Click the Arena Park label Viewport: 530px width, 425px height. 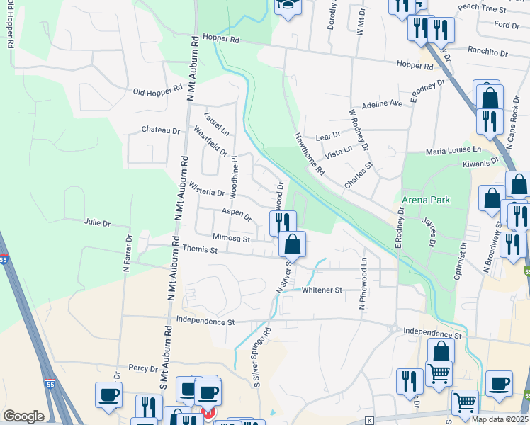coord(425,200)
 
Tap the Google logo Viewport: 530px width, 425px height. coord(23,416)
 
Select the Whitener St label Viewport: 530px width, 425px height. coord(322,290)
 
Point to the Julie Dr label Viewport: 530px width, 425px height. coord(97,223)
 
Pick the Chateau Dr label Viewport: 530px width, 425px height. coord(161,130)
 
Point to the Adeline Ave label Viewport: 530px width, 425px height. coord(381,103)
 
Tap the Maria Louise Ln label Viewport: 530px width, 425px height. coord(453,151)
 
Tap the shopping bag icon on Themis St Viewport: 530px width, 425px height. coord(292,245)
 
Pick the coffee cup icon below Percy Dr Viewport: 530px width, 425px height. coord(108,395)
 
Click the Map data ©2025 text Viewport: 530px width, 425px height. coord(498,419)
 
